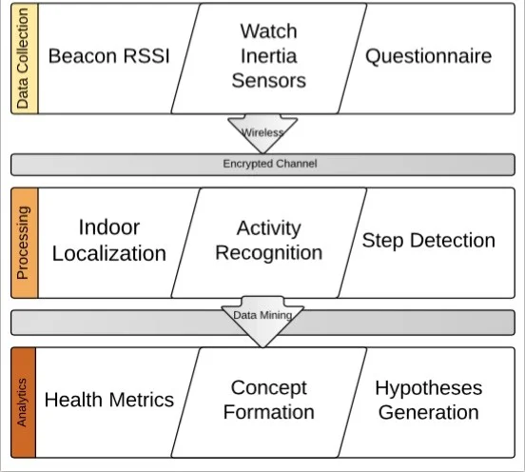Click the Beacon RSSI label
[109, 55]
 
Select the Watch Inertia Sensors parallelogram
[269, 59]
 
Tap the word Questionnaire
[429, 56]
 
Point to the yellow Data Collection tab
[25, 59]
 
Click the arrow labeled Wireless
[262, 133]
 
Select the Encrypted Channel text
[270, 164]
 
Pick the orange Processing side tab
[25, 243]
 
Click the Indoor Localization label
[109, 240]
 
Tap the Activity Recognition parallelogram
[269, 243]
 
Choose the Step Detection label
[429, 241]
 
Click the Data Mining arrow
[262, 321]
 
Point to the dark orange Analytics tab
[24, 403]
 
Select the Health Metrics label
[109, 400]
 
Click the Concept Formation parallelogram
[269, 403]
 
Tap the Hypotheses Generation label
[429, 400]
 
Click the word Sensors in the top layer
[269, 81]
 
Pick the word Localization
[109, 253]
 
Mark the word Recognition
[269, 253]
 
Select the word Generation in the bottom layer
[429, 412]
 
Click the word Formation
[269, 412]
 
